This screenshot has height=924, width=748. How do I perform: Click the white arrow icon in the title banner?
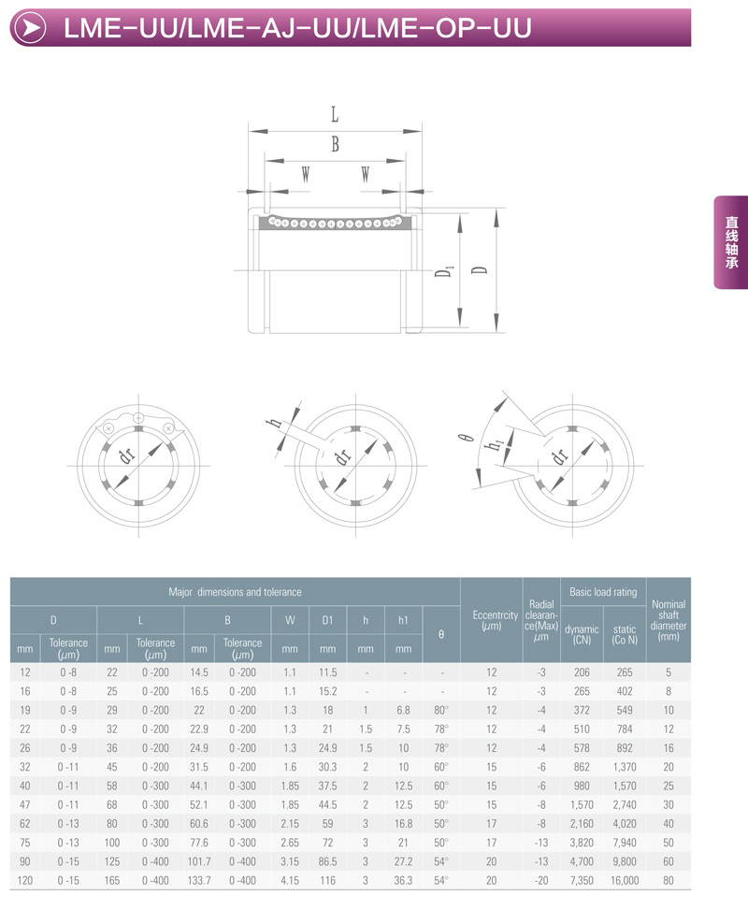[x=29, y=28]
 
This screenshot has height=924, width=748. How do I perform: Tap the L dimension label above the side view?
[x=335, y=114]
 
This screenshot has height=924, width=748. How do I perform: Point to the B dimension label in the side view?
[x=335, y=143]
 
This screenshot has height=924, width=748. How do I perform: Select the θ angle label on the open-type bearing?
[x=466, y=438]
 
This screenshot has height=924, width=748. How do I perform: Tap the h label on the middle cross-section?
[x=274, y=422]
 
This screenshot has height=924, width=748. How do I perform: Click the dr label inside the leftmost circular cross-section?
[x=126, y=455]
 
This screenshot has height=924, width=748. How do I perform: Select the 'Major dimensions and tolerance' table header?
[x=235, y=592]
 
